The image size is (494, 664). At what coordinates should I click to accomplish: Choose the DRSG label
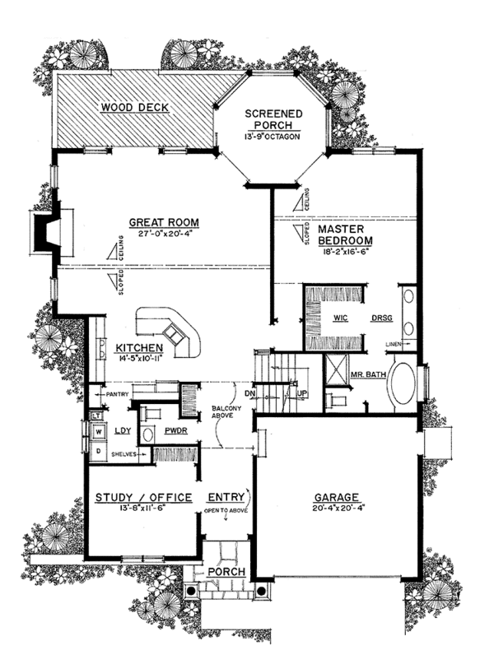click(x=380, y=316)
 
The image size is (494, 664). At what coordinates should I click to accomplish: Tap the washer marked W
click(x=98, y=430)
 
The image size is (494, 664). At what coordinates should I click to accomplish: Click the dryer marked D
click(x=98, y=450)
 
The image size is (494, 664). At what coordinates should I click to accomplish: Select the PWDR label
click(x=173, y=430)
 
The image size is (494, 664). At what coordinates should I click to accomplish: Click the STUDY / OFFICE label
click(x=143, y=498)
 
